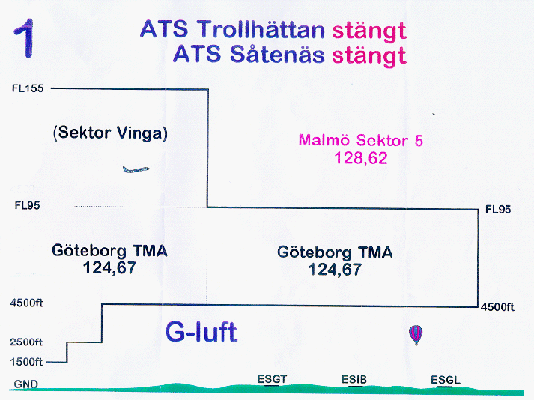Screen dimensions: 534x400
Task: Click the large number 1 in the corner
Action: coord(25,38)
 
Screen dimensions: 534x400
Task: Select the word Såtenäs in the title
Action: coord(277,54)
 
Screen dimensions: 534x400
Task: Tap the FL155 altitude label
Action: coord(28,88)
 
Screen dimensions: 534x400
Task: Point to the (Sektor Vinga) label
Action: coord(110,133)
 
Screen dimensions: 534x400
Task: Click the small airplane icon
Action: coord(136,169)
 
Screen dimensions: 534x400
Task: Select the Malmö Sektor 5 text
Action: coord(361,140)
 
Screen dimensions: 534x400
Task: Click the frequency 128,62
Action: coord(361,158)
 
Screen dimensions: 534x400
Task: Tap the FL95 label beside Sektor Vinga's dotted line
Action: coord(27,205)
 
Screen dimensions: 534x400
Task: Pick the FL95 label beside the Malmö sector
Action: coord(498,210)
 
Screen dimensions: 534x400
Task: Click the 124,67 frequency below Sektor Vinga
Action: coord(109,268)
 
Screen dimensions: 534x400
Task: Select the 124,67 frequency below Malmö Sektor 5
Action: coord(335,270)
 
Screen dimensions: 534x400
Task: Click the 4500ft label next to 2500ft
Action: coord(26,303)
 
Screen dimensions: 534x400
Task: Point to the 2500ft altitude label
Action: coord(26,342)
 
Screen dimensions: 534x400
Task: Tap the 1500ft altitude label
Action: coord(26,362)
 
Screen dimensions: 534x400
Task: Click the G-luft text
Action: coord(201,332)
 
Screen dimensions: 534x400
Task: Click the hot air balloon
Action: coord(416,335)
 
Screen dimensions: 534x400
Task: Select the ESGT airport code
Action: coord(272,379)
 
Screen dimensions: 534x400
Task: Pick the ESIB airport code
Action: coord(354,380)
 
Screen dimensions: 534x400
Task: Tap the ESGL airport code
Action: coord(446,380)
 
